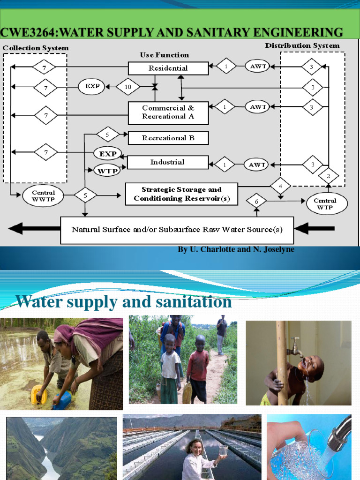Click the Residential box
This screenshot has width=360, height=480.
168,68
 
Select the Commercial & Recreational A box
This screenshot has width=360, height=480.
168,112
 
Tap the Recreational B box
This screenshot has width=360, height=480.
168,138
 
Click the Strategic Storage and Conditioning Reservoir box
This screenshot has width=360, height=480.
181,194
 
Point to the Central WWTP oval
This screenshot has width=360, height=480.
43,196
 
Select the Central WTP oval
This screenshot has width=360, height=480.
325,204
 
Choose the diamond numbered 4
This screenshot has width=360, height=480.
280,186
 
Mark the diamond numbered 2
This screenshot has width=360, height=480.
329,176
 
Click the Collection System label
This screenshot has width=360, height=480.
36,48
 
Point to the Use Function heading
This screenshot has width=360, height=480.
165,55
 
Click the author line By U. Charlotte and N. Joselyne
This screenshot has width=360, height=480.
236,249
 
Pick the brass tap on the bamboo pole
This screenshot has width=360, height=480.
295,345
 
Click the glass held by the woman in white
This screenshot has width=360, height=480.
223,451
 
